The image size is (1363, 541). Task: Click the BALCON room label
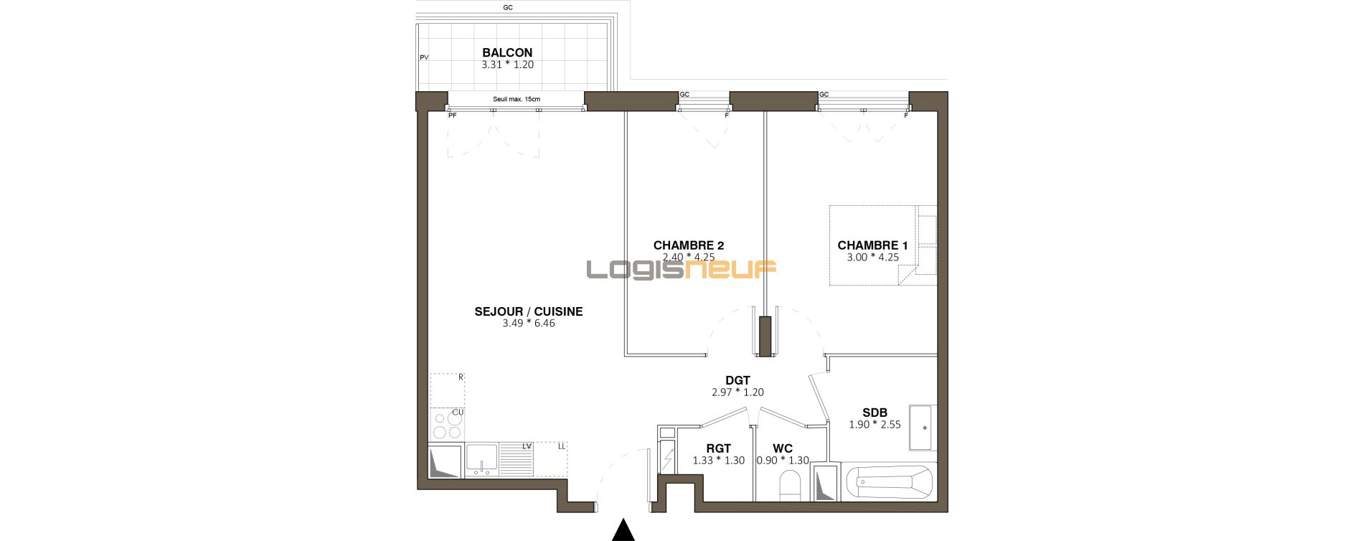click(507, 52)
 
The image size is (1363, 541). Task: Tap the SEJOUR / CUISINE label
click(529, 311)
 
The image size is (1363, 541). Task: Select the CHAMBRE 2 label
click(689, 245)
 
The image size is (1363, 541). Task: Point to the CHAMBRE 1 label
click(872, 245)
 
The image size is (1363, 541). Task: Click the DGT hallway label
click(737, 380)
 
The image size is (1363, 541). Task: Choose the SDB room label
click(874, 413)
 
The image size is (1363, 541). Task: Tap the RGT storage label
click(718, 448)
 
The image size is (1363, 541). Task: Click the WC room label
click(783, 448)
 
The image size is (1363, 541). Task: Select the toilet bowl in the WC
click(790, 487)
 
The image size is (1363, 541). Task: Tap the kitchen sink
click(481, 460)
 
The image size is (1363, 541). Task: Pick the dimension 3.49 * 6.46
click(529, 324)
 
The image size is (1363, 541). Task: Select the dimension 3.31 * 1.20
click(507, 65)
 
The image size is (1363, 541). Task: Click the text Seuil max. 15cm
click(517, 99)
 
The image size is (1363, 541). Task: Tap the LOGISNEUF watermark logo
click(681, 269)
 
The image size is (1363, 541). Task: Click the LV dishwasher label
click(527, 446)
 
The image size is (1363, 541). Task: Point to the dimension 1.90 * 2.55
click(874, 425)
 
